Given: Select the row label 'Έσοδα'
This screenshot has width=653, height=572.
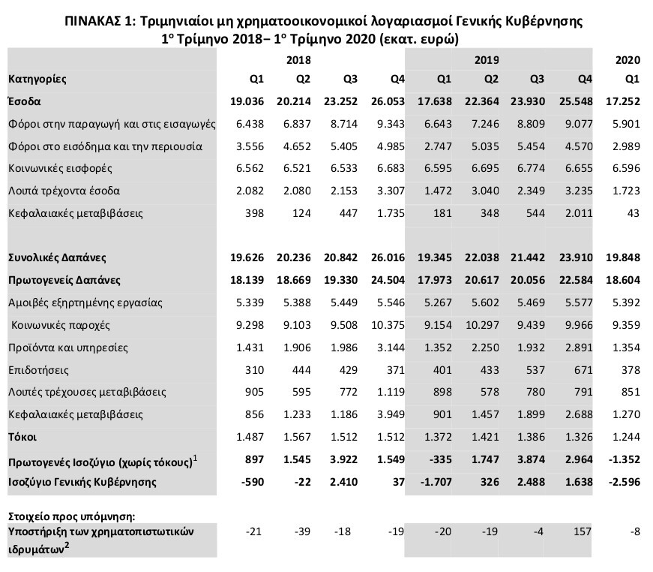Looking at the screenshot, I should coord(25,100).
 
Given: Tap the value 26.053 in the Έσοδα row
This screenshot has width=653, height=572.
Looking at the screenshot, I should coord(388,100).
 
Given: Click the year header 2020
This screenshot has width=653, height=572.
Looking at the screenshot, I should coord(628,59).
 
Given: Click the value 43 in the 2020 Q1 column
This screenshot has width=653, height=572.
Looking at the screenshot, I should coord(634,214).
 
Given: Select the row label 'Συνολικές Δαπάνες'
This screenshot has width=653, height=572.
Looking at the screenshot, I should coord(56,257).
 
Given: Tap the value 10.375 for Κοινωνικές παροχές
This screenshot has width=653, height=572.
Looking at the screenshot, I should coord(388,325).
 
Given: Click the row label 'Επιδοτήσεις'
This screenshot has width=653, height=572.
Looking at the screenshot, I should coord(38,369).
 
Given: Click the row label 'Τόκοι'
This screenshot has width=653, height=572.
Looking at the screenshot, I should coord(22,437).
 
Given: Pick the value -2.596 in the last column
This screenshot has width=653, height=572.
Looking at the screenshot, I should coord(625,481).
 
